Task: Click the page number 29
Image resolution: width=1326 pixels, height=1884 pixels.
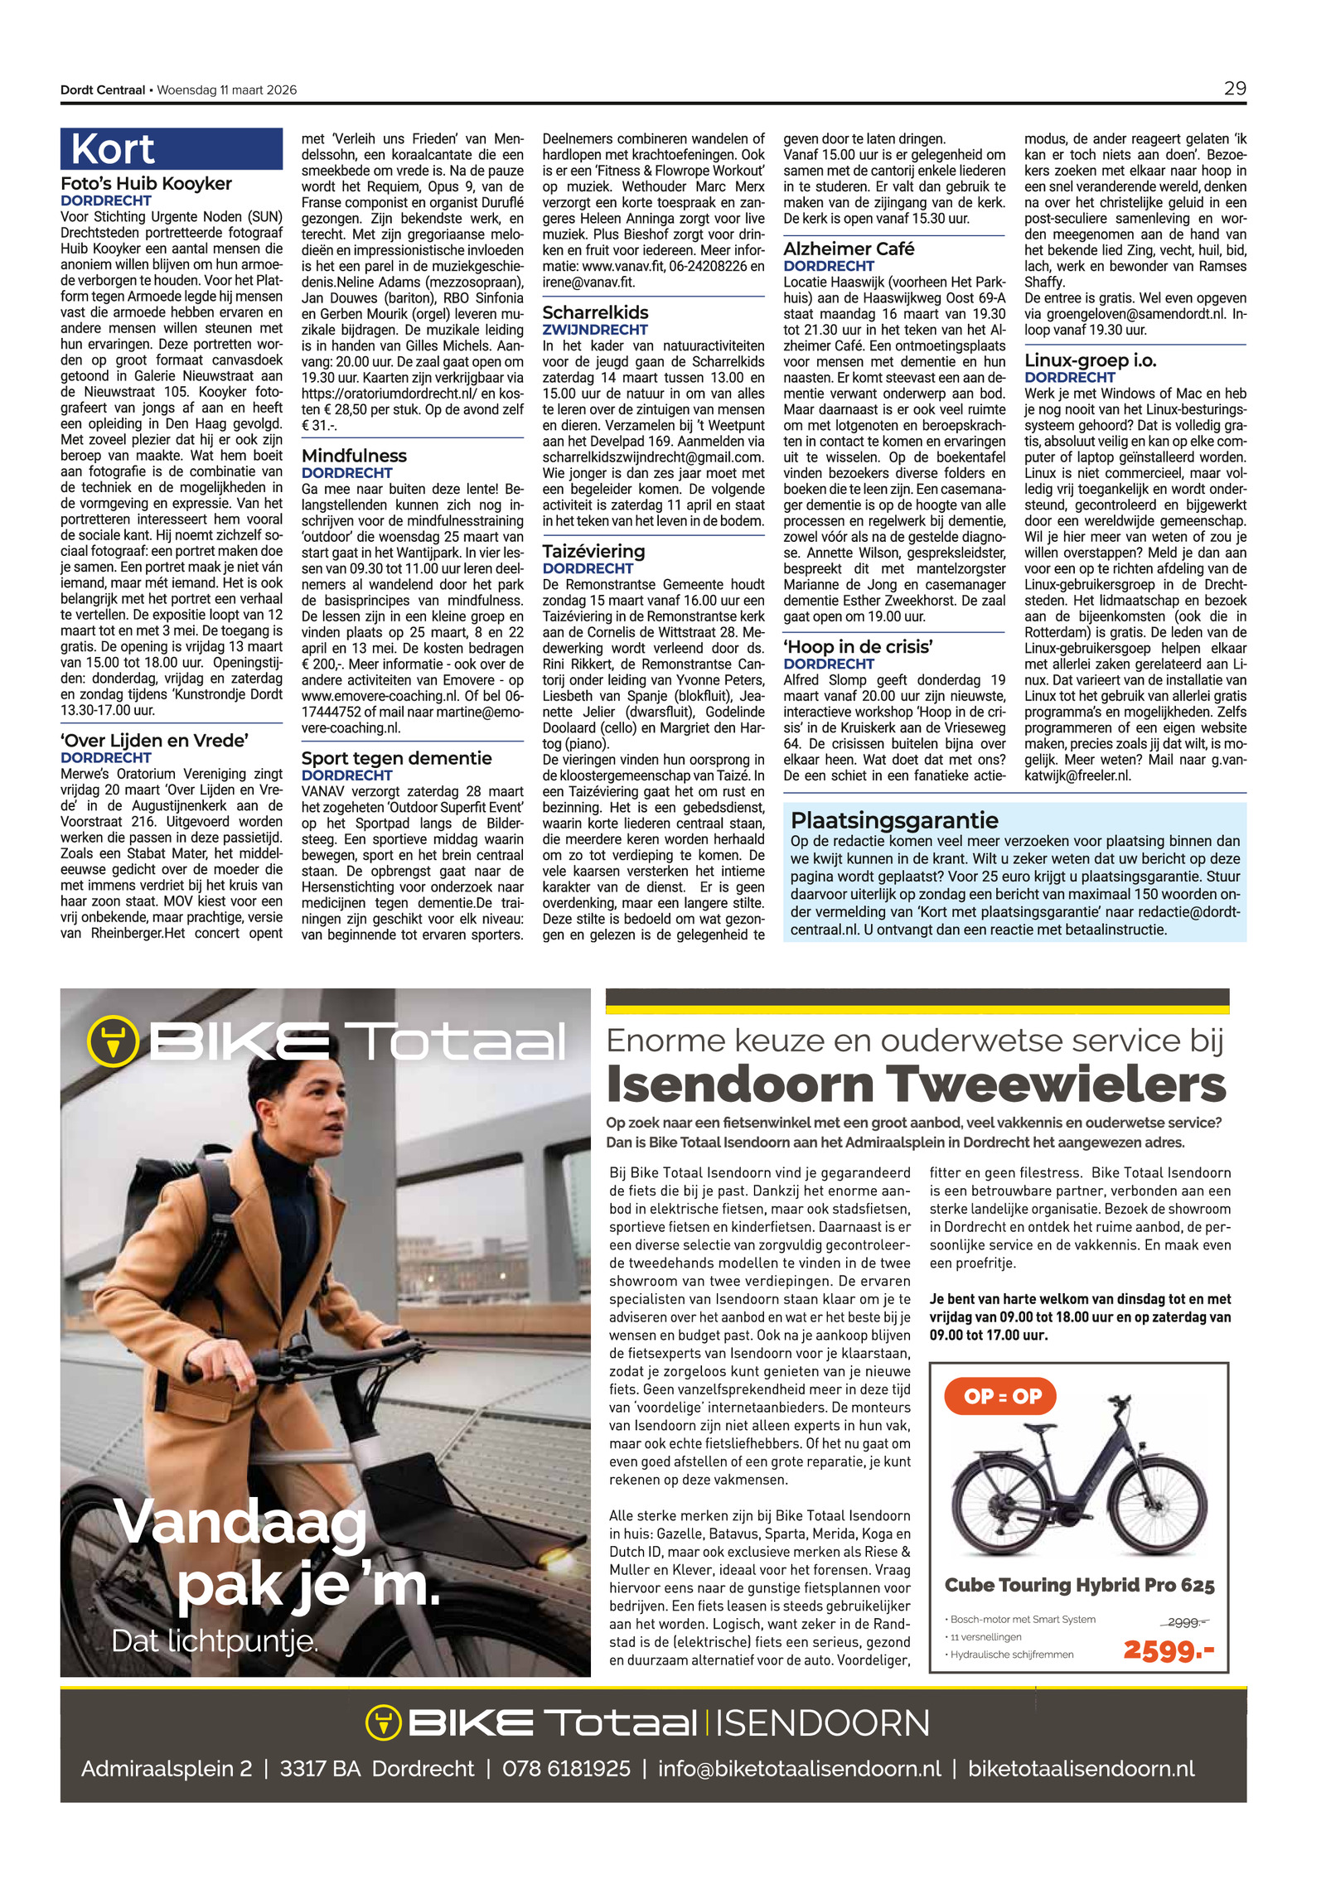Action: tap(1234, 89)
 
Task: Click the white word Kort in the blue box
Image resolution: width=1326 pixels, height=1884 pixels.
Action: tap(113, 150)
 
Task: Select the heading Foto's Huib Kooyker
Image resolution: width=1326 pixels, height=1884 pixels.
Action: tap(146, 184)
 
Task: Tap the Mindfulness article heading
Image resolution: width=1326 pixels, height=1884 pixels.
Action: tap(354, 456)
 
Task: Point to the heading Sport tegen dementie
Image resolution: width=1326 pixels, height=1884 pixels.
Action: tap(396, 758)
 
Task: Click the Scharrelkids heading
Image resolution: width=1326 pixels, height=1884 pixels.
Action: tap(595, 312)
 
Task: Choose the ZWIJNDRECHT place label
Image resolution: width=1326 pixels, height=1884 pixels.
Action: tap(594, 330)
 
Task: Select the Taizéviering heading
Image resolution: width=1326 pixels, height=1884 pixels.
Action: tap(593, 551)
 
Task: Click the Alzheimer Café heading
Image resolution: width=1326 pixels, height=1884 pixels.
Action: tap(849, 249)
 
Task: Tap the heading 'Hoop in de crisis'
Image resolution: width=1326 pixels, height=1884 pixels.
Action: tap(858, 646)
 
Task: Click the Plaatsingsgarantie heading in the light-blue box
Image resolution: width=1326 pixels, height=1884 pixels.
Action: tap(894, 820)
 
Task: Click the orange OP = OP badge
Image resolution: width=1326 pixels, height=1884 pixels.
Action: tap(1002, 1396)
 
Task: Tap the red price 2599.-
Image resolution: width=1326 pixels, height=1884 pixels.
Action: tap(1169, 1650)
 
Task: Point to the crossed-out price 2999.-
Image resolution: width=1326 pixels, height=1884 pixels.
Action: tap(1188, 1622)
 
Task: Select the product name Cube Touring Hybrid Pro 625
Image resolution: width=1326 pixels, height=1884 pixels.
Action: tap(1079, 1585)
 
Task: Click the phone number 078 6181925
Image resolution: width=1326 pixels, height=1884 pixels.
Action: tap(566, 1769)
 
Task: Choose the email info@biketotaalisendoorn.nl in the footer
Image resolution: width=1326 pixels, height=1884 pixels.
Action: tap(799, 1769)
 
